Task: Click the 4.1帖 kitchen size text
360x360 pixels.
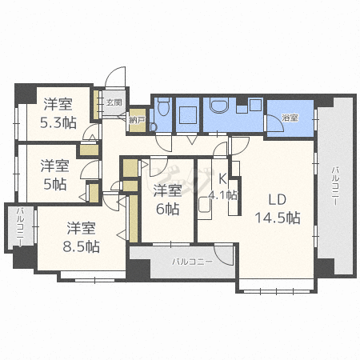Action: point(222,195)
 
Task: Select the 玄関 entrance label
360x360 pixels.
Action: point(114,102)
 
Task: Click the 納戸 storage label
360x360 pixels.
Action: point(137,120)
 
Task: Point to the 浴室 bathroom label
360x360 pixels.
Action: point(290,118)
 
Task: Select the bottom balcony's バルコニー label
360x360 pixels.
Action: point(192,262)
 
